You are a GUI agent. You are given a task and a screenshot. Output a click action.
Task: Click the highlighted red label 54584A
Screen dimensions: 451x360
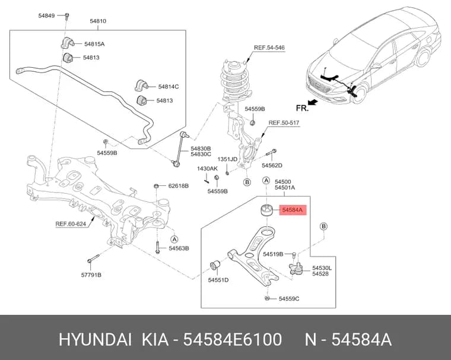pos(293,210)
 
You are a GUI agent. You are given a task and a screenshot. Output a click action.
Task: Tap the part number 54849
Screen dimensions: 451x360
pos(47,15)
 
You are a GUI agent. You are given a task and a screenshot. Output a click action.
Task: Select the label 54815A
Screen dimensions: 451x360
pos(94,44)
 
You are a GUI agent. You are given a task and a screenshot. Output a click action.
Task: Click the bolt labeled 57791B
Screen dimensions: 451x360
pos(93,258)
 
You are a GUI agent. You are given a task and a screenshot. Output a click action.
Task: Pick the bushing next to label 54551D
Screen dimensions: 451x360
pos(215,265)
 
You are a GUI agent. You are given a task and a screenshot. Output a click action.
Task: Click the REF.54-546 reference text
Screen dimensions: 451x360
pos(269,48)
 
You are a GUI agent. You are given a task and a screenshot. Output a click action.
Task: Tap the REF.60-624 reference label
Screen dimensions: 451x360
pos(71,223)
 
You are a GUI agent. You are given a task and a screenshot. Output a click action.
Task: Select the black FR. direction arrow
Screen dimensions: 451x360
pos(313,102)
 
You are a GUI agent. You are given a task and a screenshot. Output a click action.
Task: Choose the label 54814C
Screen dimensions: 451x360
pos(169,86)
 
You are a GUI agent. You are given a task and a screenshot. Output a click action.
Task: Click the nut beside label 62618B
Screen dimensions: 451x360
pos(156,186)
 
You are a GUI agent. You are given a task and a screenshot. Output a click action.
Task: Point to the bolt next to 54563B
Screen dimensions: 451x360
pos(157,248)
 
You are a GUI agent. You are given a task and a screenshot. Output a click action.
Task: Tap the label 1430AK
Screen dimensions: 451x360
pos(207,169)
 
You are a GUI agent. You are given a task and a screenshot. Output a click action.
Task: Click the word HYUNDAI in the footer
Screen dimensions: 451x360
pos(95,339)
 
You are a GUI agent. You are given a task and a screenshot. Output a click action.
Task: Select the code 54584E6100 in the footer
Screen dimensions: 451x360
pos(233,339)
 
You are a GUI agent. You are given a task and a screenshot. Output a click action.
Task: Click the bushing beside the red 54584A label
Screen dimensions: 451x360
pos(267,210)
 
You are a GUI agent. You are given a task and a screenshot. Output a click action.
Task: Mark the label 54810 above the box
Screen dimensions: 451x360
pos(98,21)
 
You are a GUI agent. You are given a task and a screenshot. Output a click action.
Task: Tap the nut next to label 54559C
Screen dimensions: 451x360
pos(267,298)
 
